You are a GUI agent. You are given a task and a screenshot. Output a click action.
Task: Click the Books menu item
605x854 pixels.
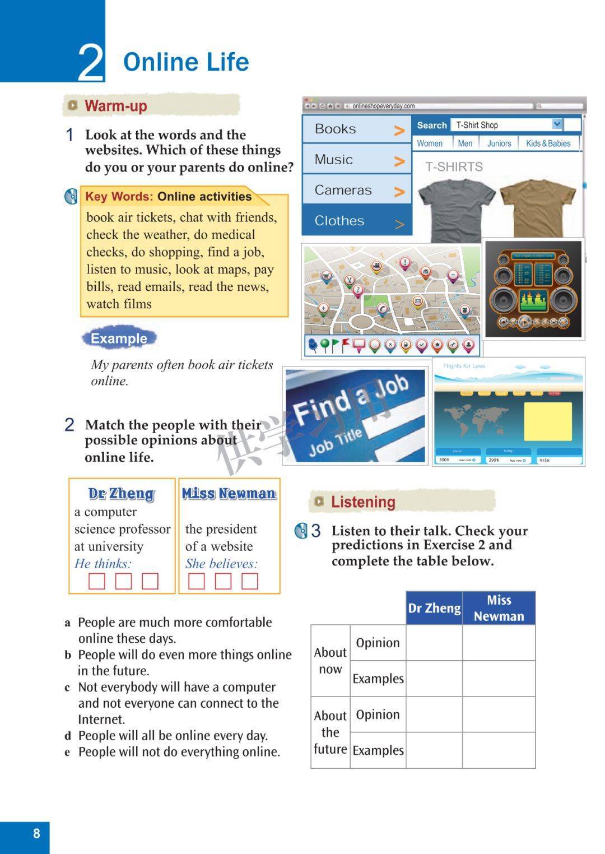[336, 129]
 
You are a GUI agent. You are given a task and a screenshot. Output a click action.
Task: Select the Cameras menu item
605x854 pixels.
[343, 191]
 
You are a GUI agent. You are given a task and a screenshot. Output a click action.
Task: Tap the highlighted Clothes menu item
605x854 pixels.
[339, 221]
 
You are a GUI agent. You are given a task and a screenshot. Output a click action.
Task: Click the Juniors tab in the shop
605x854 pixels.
[499, 143]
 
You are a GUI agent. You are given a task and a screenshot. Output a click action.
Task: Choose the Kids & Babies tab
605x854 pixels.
[548, 143]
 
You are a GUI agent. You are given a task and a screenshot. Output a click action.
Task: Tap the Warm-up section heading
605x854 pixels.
[116, 105]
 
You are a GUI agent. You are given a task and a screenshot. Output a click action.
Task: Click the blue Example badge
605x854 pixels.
[119, 338]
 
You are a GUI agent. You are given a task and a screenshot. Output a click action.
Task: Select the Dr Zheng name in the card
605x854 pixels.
[122, 494]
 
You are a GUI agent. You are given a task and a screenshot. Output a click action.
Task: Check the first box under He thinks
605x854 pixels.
[97, 581]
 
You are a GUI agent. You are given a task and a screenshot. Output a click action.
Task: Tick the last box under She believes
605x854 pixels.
[250, 581]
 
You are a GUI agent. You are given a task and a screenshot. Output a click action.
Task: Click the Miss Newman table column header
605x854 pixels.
[499, 608]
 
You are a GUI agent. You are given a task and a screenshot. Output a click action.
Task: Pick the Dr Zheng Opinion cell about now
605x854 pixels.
[434, 643]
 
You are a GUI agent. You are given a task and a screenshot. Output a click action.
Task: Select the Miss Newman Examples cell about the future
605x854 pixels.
[499, 750]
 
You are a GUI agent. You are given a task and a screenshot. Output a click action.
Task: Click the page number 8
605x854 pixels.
[36, 833]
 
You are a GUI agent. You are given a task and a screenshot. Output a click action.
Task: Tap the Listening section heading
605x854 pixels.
[363, 502]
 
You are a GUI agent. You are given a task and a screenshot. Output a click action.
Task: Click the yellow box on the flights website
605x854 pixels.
[547, 421]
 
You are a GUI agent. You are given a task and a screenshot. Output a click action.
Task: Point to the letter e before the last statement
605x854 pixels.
[67, 752]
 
